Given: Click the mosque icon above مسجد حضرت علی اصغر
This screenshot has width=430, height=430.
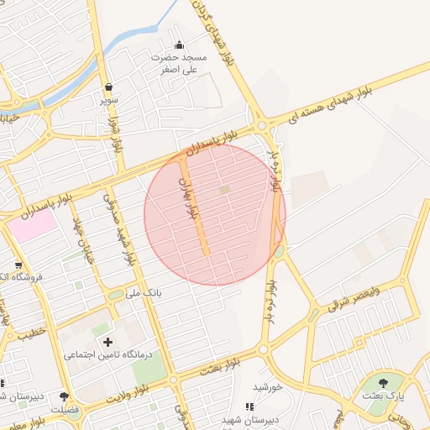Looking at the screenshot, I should (x=178, y=45).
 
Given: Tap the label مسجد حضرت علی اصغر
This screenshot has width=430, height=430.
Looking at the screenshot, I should (x=178, y=64).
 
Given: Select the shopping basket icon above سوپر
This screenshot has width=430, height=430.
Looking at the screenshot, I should (x=110, y=87).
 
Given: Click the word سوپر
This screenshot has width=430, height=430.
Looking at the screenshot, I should (x=110, y=99).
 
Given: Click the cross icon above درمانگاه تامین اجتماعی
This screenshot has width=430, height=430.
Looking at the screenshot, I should (x=107, y=342).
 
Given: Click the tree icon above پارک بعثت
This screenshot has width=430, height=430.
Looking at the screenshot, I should (x=383, y=381).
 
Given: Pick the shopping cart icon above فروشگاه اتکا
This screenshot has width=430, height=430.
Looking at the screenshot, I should (x=18, y=265).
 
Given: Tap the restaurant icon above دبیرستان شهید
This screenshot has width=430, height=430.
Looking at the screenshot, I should (x=249, y=406).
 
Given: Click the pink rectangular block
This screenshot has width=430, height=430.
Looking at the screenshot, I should (x=32, y=225).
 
